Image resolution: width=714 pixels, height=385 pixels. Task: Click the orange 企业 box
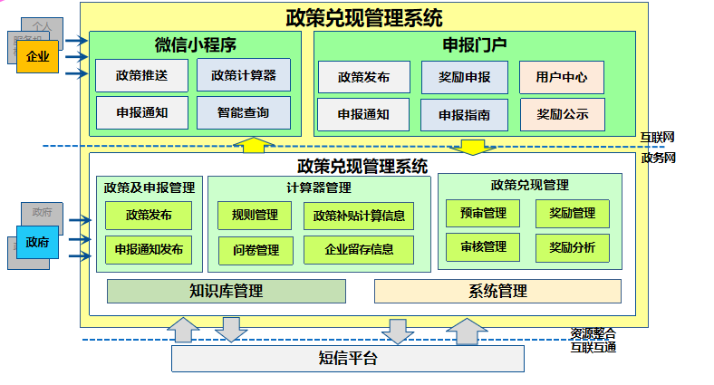37,57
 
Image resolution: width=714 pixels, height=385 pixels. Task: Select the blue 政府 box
37,242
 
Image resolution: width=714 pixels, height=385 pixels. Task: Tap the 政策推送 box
141,75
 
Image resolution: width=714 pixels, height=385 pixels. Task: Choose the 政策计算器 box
243,75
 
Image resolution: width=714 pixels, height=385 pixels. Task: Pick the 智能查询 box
243,113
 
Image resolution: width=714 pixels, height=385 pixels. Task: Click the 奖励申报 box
464,78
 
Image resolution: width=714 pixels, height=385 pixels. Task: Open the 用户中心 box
562,78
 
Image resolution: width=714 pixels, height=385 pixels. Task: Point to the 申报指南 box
464,115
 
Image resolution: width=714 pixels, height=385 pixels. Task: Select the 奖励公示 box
562,114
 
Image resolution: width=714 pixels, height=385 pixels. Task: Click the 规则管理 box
255,216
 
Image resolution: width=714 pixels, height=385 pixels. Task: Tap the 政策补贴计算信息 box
358,216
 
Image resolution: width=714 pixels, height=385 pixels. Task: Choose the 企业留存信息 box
358,250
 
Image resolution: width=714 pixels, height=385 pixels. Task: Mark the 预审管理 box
483,213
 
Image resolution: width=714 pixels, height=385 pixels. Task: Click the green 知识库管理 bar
227,291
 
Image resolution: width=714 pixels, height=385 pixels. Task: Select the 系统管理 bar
497,291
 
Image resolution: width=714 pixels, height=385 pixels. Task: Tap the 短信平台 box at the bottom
348,358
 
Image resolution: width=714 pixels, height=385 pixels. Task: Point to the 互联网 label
657,138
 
